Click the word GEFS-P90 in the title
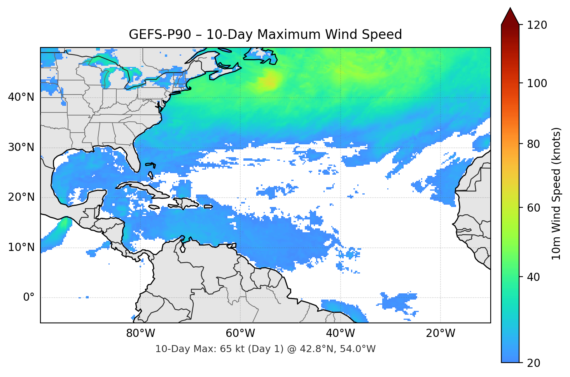pyautogui.click(x=160, y=35)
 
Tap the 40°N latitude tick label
pyautogui.click(x=21, y=97)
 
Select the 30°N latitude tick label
pyautogui.click(x=21, y=147)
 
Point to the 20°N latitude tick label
pyautogui.click(x=21, y=197)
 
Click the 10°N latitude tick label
pyautogui.click(x=21, y=247)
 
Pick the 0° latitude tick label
pyautogui.click(x=29, y=298)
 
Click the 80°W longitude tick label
pyautogui.click(x=140, y=333)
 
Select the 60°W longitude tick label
pyautogui.click(x=240, y=333)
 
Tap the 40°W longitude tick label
pyautogui.click(x=341, y=333)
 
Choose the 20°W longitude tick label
pyautogui.click(x=441, y=333)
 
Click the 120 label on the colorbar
pyautogui.click(x=537, y=25)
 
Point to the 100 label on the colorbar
pyautogui.click(x=537, y=83)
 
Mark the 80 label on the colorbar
pyautogui.click(x=533, y=144)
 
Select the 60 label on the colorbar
pyautogui.click(x=533, y=208)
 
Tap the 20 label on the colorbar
pyautogui.click(x=533, y=363)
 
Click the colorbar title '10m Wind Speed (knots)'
pyautogui.click(x=556, y=194)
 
